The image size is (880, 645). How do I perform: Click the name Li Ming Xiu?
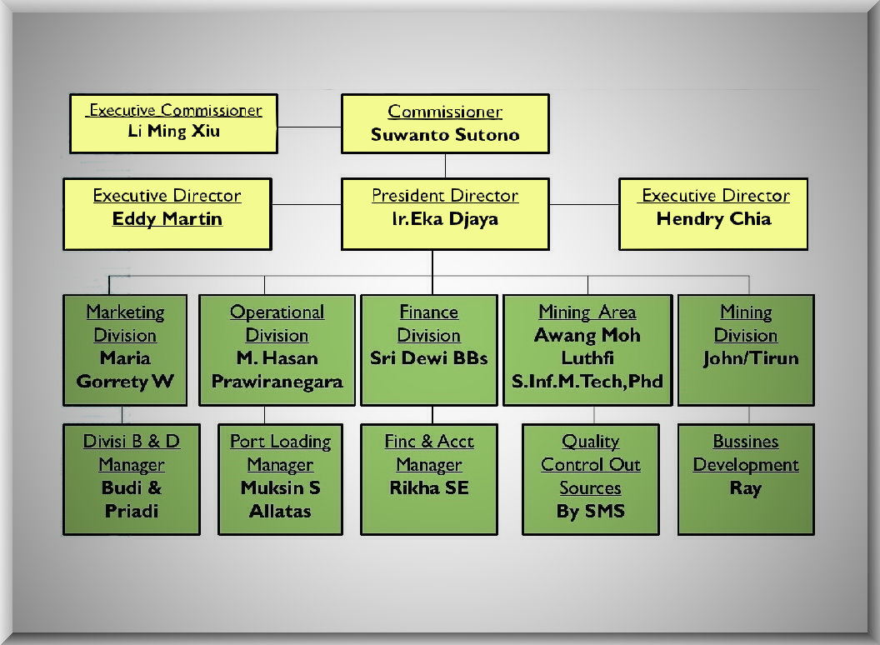tap(174, 132)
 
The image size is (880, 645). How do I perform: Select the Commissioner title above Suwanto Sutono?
tap(445, 112)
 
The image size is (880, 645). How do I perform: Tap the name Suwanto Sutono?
tap(445, 135)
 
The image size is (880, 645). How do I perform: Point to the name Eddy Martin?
tap(167, 219)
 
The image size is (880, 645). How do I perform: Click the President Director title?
tap(445, 196)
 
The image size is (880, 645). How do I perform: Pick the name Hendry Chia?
tap(713, 219)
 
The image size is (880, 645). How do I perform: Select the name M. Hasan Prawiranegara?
tap(277, 370)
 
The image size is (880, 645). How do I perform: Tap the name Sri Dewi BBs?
tap(429, 358)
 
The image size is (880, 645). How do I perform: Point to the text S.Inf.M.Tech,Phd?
tap(587, 382)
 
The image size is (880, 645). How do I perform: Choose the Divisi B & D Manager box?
tap(132, 478)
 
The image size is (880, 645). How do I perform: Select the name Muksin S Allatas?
tap(280, 499)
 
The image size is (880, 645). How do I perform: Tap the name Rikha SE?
tap(429, 487)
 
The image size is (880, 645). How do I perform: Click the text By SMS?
tap(590, 511)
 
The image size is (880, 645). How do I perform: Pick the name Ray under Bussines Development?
tap(745, 487)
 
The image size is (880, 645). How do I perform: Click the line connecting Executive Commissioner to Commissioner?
tap(309, 126)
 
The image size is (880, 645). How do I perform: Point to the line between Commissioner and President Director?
tap(445, 165)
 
